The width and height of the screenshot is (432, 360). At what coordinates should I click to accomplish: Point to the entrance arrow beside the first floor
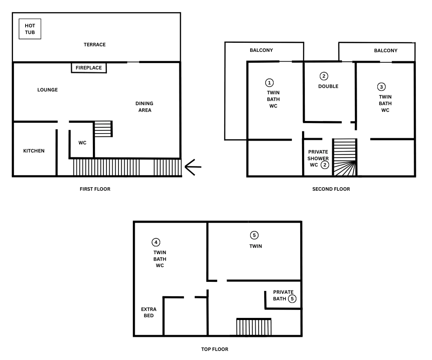click(x=193, y=167)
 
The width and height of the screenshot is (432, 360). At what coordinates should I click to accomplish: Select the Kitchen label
click(x=34, y=151)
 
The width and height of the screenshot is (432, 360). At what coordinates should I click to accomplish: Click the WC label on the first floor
click(x=82, y=143)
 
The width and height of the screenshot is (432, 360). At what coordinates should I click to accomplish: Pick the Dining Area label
click(x=144, y=107)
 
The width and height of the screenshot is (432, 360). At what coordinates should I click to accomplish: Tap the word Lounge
click(x=48, y=90)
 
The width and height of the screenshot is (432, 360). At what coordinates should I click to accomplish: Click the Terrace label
click(x=95, y=45)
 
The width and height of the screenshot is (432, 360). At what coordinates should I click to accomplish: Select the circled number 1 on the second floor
click(x=269, y=83)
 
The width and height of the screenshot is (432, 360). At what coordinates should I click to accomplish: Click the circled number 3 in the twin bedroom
click(x=381, y=87)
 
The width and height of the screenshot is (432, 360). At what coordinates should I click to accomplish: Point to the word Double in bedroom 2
click(x=328, y=86)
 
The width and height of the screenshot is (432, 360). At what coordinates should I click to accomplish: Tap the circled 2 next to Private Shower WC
click(x=325, y=165)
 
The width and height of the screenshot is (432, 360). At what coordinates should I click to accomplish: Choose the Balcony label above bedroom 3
click(x=386, y=51)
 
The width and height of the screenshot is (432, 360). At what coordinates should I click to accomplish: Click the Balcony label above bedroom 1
click(x=261, y=50)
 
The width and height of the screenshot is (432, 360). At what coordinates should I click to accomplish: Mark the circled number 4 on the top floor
click(x=156, y=242)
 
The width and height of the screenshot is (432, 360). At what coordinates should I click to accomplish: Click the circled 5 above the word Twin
click(x=254, y=235)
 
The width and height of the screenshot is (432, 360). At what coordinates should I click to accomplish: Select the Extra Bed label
click(x=149, y=312)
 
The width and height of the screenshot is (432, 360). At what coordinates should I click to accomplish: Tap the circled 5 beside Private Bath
click(x=292, y=299)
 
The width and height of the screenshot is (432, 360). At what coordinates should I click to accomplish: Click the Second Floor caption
click(x=331, y=189)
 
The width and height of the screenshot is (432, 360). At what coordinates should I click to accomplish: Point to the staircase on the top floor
click(x=254, y=327)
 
